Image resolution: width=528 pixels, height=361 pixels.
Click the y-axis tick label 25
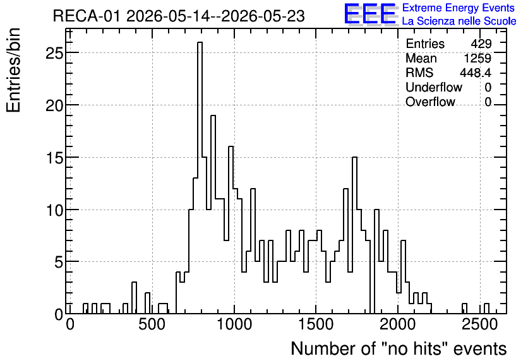point(54,53)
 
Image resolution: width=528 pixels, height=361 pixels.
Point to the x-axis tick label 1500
point(316,324)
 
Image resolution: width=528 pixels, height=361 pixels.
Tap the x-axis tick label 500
point(152,324)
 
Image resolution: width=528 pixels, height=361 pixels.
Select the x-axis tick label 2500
point(479,324)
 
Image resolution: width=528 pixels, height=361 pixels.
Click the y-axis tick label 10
point(54,210)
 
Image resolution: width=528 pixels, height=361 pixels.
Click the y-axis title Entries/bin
point(13,71)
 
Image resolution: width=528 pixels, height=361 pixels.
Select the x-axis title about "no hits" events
point(399,348)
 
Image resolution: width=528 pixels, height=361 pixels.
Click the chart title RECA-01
point(87,16)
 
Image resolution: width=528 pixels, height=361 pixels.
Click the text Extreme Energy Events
point(459,8)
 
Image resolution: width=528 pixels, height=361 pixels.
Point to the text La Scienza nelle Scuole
point(459,21)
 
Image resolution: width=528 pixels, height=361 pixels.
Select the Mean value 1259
point(477,58)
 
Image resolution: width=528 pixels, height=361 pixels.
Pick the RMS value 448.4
point(476,73)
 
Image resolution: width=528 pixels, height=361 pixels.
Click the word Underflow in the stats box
point(434,87)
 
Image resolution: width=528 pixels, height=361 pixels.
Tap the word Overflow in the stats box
point(430,102)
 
